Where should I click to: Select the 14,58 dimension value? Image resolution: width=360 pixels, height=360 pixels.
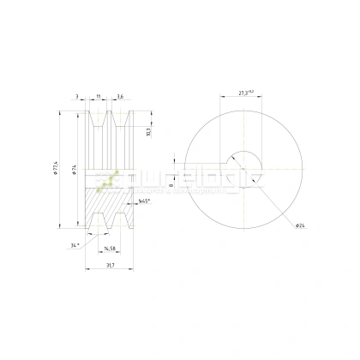click(x=110, y=249)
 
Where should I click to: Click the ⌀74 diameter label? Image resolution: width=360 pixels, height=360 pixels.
click(x=74, y=171)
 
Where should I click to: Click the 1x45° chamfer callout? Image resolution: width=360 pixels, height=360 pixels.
click(x=145, y=201)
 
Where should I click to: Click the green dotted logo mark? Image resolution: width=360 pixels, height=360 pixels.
click(x=108, y=177)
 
